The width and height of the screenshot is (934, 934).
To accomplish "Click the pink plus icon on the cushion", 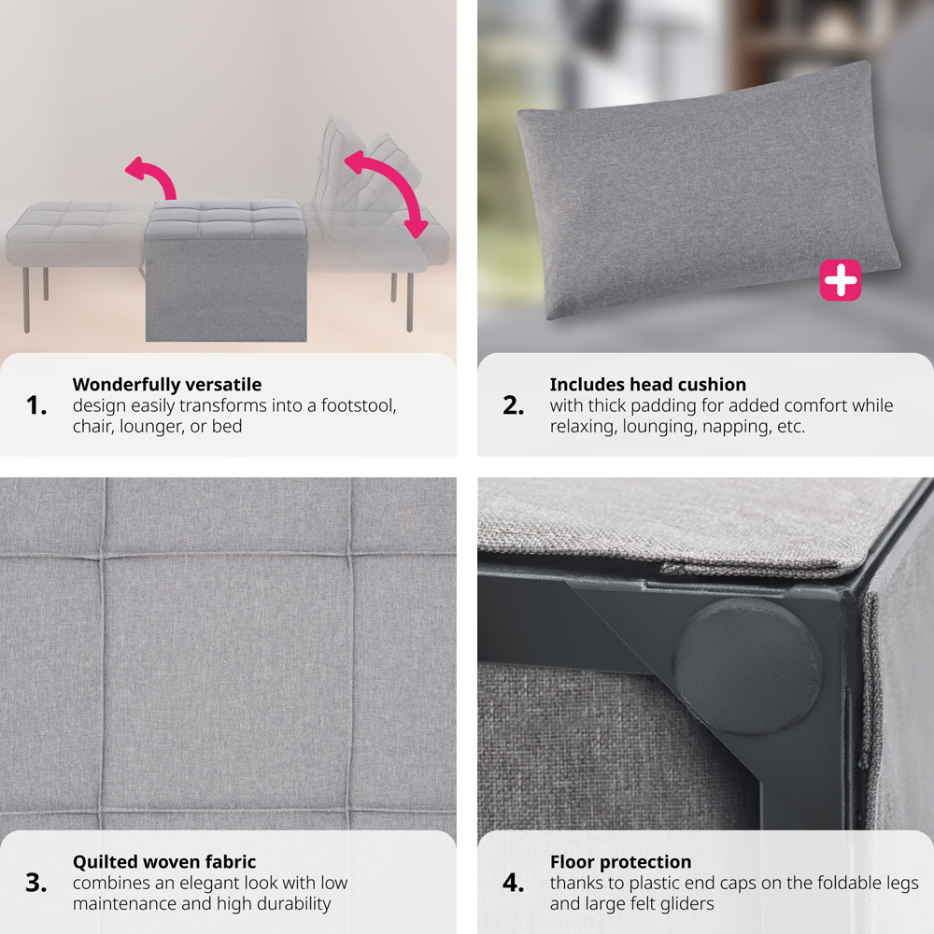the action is tap(840, 280).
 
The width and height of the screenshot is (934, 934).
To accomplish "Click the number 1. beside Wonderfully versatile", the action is tap(36, 405).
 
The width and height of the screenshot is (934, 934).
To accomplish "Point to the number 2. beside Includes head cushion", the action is tap(514, 405).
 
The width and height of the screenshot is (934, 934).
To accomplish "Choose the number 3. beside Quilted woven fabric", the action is tap(36, 883).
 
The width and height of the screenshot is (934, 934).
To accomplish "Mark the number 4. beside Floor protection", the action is tap(514, 883).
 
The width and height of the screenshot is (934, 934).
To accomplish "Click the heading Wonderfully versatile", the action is tap(167, 385).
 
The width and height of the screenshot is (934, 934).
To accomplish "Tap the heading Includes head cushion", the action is tap(647, 385).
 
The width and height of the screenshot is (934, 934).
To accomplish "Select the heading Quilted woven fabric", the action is tap(164, 862).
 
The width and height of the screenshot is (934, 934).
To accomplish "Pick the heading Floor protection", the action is tap(621, 862).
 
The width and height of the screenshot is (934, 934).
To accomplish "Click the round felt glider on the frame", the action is tap(748, 666).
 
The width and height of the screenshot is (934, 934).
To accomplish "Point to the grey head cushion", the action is tap(709, 190).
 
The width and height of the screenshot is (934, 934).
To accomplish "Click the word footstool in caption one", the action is tap(359, 405).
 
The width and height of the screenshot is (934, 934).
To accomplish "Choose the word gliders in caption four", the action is tap(684, 904).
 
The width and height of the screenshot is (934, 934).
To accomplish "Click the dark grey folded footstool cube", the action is tap(226, 271).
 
